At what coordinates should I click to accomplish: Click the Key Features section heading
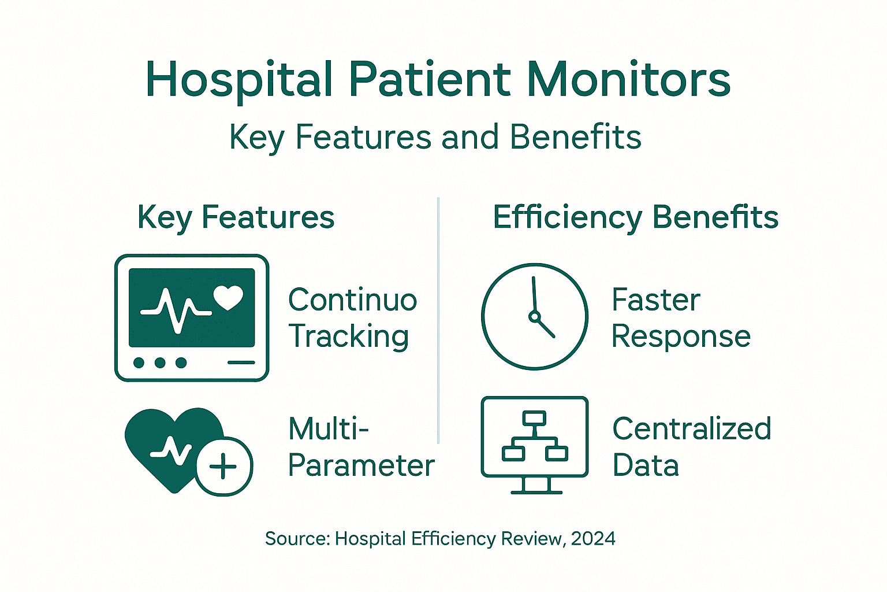point(236,217)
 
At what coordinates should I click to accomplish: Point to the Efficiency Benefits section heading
point(635,217)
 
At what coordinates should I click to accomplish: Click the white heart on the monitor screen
point(228,297)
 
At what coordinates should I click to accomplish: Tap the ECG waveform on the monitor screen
point(176,310)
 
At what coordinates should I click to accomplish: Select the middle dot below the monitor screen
point(160,363)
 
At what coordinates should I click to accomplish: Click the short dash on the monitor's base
point(241,363)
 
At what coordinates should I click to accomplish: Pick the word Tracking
point(349,336)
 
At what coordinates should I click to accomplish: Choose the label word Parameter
point(361,466)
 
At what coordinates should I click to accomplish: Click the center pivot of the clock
point(534,316)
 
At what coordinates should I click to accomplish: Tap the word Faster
point(655,300)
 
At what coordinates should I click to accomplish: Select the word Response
point(681,336)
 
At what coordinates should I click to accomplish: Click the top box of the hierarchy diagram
point(534,418)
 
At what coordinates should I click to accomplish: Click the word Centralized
point(691,429)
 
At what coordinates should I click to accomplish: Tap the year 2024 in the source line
point(593,539)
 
